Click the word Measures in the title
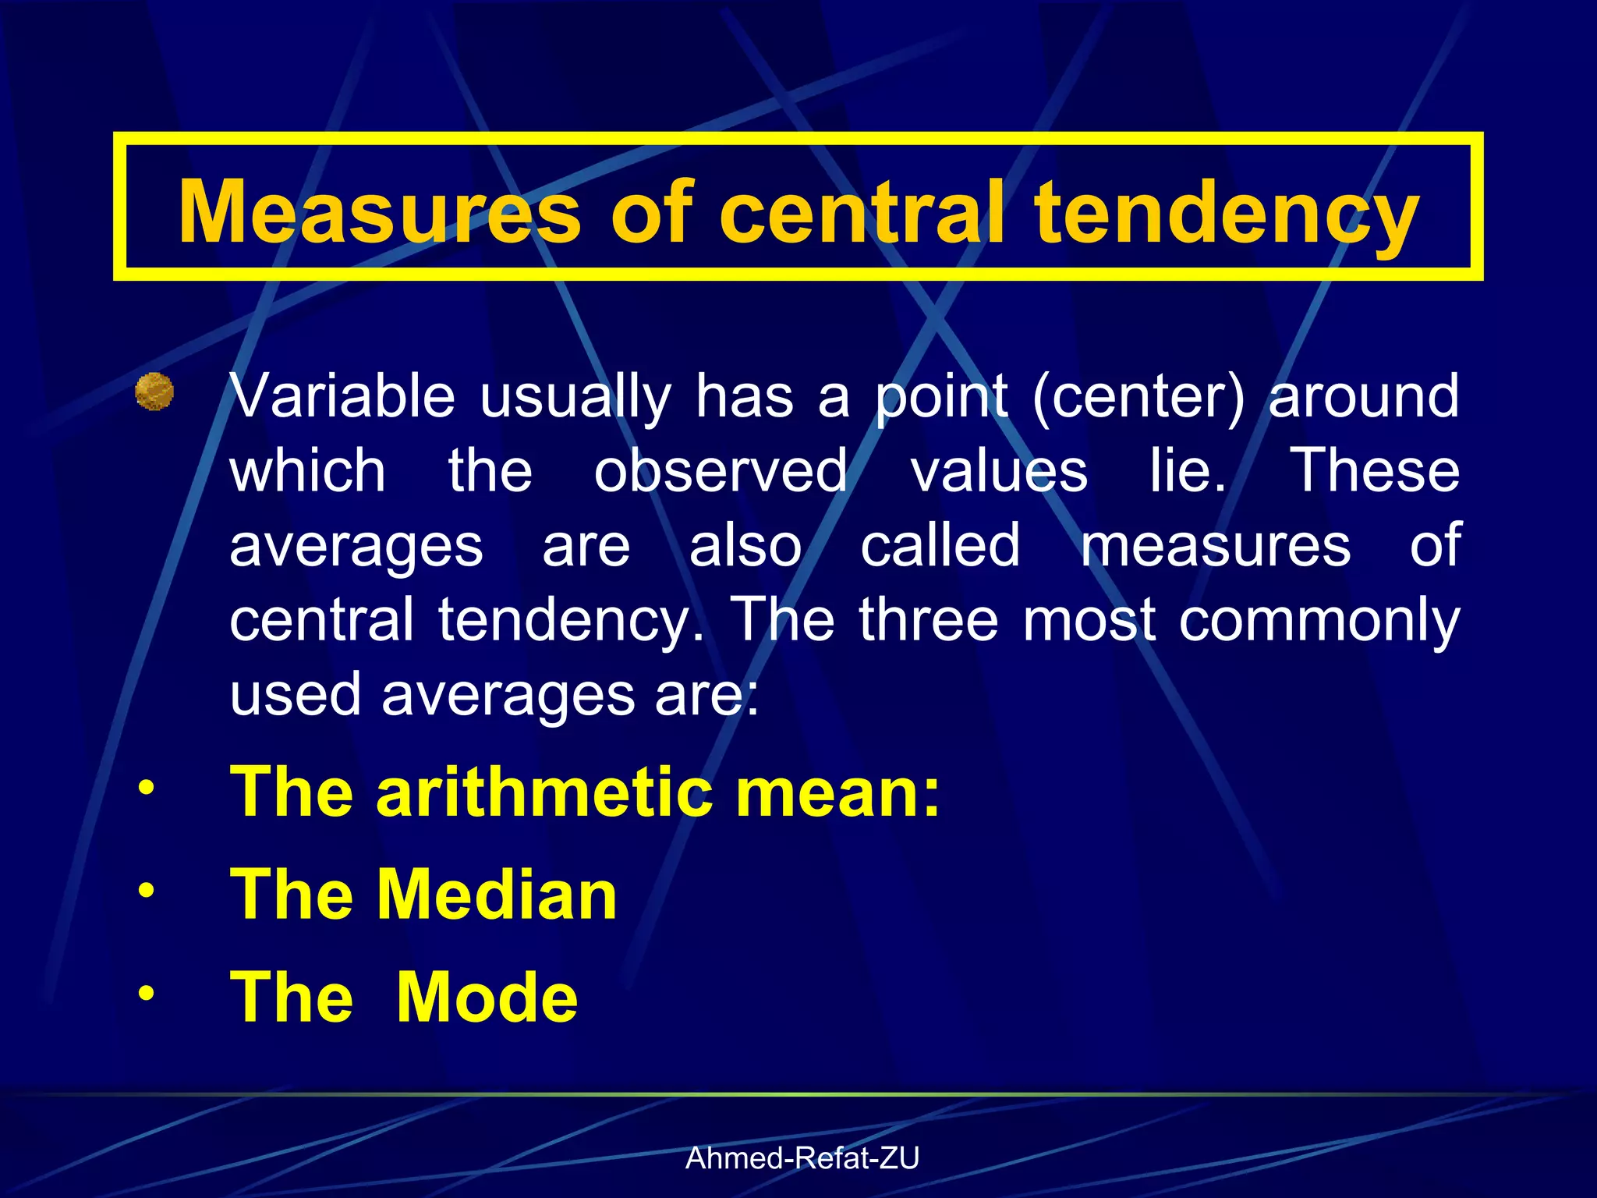tap(380, 212)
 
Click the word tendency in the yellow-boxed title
tap(1226, 212)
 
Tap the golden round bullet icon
tap(154, 392)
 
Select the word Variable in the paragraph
tap(342, 396)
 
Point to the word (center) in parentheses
tap(1138, 396)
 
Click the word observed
tap(721, 470)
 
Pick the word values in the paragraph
tap(999, 470)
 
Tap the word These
tap(1376, 470)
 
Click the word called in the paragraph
tap(940, 545)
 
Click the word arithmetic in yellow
tap(544, 792)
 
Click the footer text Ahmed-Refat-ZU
tap(802, 1159)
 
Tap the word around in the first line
tap(1364, 396)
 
